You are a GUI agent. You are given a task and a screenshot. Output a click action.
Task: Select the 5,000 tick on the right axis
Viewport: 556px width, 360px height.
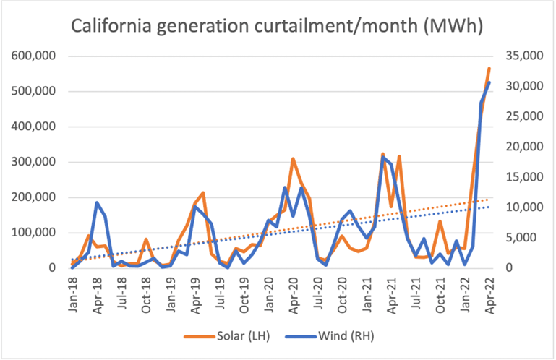pos(514,238)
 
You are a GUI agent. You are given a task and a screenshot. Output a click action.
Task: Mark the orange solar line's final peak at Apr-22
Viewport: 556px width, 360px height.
pos(489,69)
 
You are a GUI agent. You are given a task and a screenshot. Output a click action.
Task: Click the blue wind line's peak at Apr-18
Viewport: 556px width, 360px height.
pos(97,203)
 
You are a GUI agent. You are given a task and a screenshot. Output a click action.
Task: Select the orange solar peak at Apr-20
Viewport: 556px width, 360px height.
pos(293,159)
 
